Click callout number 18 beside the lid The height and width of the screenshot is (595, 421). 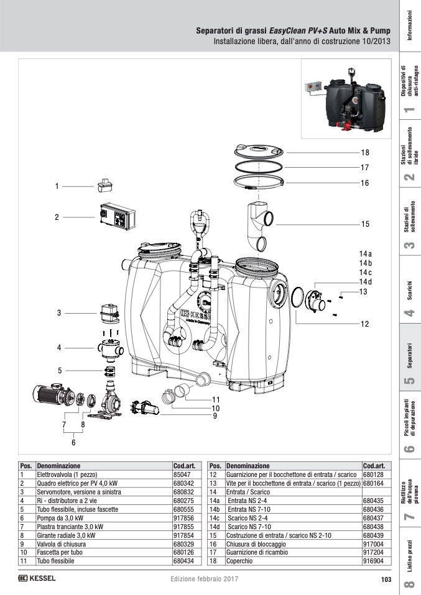(x=365, y=152)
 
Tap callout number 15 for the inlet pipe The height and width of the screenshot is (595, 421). (x=365, y=224)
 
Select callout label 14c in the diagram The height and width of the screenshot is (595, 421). (x=365, y=273)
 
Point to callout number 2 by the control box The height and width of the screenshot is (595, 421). (x=57, y=217)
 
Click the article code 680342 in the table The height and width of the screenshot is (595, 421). (x=184, y=483)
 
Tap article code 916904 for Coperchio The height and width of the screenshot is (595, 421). (x=373, y=560)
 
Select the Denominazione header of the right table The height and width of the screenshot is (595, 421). (x=248, y=465)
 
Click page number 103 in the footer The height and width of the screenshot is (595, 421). (x=386, y=580)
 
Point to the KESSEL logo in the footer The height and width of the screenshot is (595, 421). (x=37, y=579)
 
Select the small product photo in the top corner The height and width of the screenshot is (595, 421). (x=345, y=98)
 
